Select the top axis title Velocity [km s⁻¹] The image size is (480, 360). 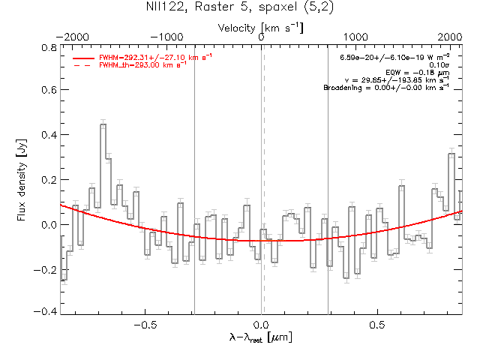pos(261,27)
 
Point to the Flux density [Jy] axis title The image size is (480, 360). pos(22,180)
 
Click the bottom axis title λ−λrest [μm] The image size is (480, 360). pos(261,338)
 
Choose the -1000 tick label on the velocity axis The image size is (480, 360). pos(167,37)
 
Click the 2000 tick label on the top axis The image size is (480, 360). pos(451,37)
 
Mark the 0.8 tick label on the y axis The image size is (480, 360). pos(47,47)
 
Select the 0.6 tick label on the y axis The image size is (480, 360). pos(47,91)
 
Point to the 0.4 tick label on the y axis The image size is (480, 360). pos(47,136)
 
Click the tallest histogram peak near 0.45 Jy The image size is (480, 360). pos(103,125)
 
